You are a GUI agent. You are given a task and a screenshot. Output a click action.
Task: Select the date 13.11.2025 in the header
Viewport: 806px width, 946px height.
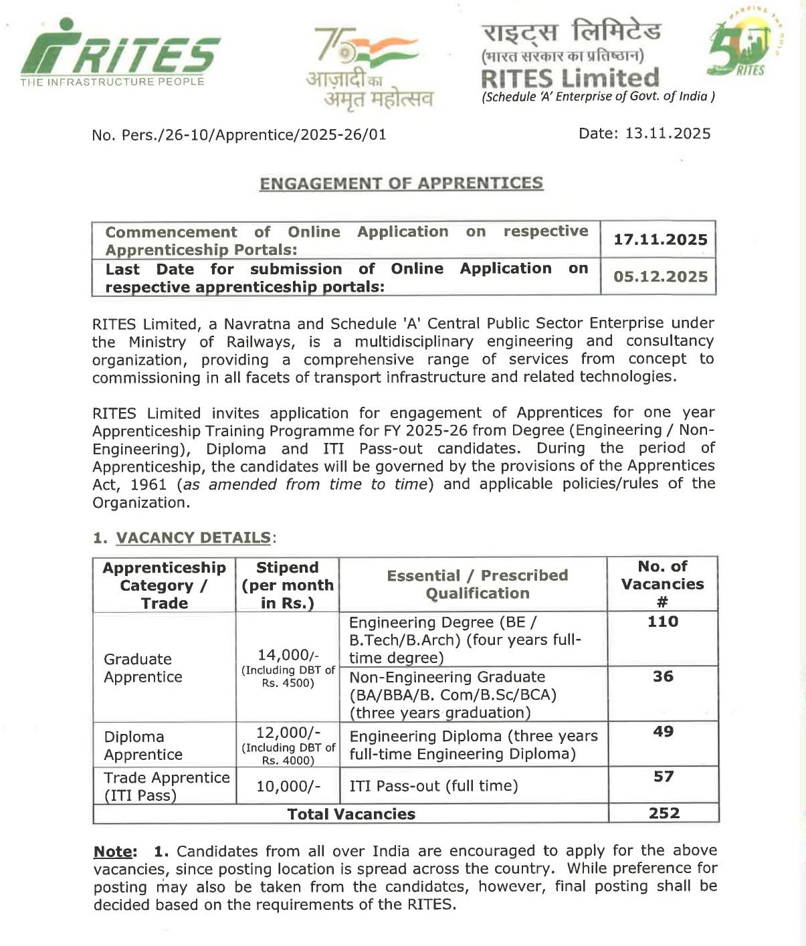(x=668, y=133)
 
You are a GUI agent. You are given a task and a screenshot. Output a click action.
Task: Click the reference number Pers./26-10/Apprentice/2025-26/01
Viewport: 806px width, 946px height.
(x=254, y=135)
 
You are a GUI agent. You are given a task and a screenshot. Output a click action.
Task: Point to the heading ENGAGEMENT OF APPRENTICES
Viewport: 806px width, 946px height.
(x=401, y=183)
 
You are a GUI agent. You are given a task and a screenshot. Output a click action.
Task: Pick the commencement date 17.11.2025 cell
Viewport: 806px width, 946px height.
(x=660, y=240)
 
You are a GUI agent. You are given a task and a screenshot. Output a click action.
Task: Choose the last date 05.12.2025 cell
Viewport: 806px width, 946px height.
(x=660, y=276)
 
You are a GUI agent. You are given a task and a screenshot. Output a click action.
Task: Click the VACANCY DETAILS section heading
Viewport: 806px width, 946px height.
(x=193, y=538)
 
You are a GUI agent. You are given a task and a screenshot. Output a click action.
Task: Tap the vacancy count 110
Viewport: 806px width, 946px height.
(x=663, y=622)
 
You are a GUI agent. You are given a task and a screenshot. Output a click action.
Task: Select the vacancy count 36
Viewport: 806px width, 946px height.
(x=663, y=676)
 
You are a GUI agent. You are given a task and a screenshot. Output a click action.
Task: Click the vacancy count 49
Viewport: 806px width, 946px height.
(x=663, y=731)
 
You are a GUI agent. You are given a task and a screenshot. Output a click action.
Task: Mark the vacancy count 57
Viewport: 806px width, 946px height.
(x=663, y=776)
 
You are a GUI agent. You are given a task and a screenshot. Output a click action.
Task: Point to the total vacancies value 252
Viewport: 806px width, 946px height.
(x=664, y=813)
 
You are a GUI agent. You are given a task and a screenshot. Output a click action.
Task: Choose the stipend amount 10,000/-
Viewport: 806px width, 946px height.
(x=288, y=786)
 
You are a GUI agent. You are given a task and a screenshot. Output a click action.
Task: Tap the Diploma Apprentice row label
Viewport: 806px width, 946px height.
(x=143, y=745)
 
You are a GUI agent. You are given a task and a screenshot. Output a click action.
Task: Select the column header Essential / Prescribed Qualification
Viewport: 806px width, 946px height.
(x=477, y=584)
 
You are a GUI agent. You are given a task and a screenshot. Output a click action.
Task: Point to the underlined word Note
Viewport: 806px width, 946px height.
(x=114, y=852)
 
